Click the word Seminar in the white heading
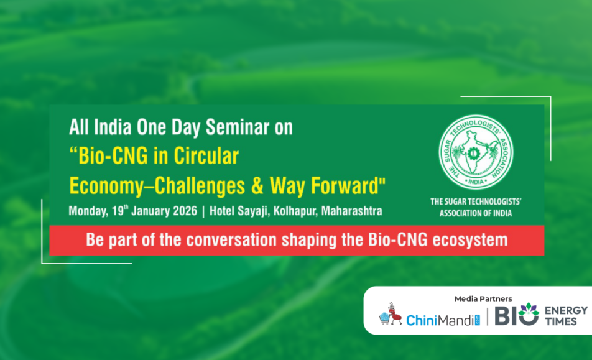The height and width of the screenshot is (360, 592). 238,127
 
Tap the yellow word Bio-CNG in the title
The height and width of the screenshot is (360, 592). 113,156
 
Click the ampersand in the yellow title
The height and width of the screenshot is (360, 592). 257,186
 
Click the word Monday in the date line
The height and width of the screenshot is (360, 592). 88,211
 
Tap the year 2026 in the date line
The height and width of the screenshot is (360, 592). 185,211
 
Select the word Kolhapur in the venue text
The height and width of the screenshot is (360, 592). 295,211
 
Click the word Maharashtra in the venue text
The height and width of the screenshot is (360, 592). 351,211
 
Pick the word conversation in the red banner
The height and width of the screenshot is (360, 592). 231,240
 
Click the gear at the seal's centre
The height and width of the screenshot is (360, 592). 472,153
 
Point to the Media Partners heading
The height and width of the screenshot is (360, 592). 483,299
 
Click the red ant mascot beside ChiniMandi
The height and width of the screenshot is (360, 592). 392,313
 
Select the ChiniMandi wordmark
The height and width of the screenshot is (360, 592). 443,320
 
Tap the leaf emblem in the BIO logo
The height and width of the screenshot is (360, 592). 529,310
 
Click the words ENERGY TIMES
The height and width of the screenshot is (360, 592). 566,316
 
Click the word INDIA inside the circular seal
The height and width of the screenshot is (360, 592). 476,182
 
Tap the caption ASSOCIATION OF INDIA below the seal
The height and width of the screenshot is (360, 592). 475,213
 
